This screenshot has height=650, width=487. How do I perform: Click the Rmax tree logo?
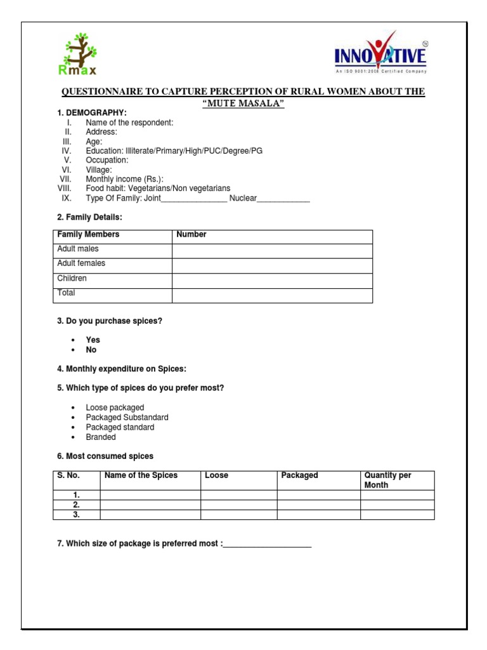click(x=79, y=53)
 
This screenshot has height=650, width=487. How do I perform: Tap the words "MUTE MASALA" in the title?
click(x=243, y=103)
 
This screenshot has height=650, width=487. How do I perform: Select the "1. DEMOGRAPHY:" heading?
click(x=92, y=113)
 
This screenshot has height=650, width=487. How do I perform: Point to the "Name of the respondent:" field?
click(x=129, y=123)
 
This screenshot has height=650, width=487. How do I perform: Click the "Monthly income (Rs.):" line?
click(x=124, y=180)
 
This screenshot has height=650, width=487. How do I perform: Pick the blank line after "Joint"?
click(x=193, y=199)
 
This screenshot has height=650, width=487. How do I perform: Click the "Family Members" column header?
click(x=88, y=235)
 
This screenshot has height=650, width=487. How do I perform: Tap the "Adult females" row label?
click(x=81, y=263)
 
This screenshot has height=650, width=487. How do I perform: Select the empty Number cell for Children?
click(x=272, y=281)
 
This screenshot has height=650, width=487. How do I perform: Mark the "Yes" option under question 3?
click(x=93, y=340)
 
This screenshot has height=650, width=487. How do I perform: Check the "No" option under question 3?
click(x=91, y=350)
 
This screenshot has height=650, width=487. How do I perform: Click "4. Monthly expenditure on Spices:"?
click(x=122, y=369)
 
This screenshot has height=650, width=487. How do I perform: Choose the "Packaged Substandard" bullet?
click(x=127, y=418)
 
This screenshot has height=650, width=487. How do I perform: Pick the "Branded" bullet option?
click(x=101, y=437)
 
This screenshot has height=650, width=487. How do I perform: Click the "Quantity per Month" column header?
click(x=387, y=480)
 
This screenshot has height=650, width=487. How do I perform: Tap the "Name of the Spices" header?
click(x=141, y=475)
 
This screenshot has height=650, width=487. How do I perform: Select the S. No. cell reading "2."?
click(x=76, y=505)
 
